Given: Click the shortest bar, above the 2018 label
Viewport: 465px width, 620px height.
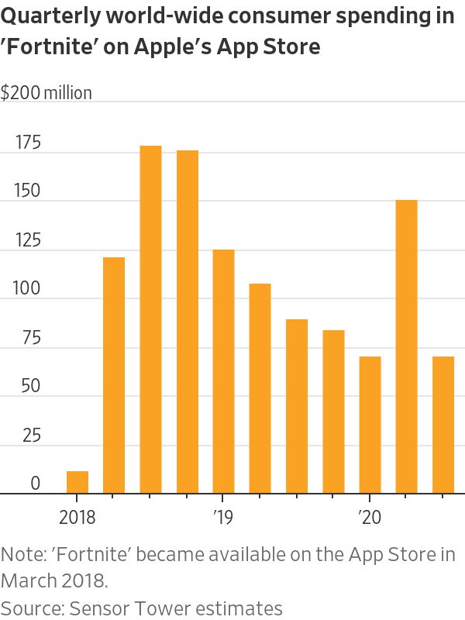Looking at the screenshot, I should click(77, 482).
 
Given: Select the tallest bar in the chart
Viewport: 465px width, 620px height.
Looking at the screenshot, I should click(150, 319).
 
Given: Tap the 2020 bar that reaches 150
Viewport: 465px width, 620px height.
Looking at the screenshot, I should click(407, 346).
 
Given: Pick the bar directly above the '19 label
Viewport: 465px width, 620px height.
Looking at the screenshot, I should click(223, 371).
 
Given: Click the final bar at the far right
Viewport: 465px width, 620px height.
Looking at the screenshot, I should click(443, 425).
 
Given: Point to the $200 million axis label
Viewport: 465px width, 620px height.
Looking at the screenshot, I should click(46, 94).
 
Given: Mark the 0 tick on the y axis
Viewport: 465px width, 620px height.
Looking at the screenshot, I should click(35, 484).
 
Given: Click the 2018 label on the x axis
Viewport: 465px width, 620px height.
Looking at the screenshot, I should click(77, 517).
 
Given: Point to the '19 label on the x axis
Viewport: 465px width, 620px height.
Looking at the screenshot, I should click(223, 517).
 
